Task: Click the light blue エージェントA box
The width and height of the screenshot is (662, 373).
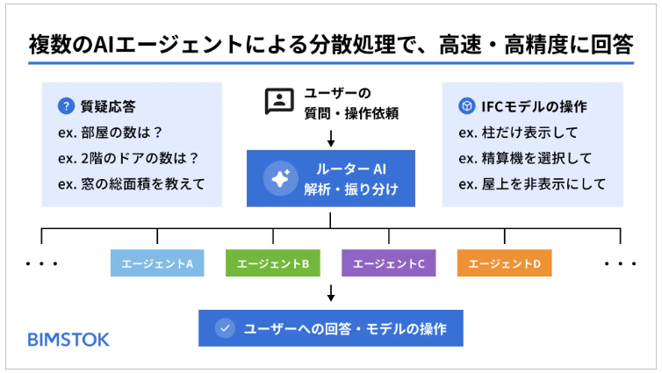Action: (x=157, y=263)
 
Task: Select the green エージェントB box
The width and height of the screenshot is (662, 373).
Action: (x=273, y=263)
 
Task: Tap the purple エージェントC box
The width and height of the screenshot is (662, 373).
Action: (x=388, y=263)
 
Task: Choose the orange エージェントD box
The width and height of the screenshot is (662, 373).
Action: (x=505, y=263)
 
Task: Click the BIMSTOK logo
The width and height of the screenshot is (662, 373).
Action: (x=68, y=340)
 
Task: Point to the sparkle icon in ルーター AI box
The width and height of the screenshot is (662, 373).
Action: (x=280, y=178)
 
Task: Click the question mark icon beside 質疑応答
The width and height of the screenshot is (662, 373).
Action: (x=66, y=106)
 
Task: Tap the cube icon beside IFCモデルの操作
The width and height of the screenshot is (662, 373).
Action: (x=466, y=106)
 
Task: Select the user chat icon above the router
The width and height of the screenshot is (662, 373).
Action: (x=279, y=101)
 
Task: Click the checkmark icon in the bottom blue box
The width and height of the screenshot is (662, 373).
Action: (x=225, y=328)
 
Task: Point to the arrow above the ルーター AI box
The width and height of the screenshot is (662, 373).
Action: (x=331, y=139)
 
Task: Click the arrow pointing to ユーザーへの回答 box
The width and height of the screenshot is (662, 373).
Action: (x=331, y=293)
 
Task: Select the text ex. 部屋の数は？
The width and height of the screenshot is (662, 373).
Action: (x=110, y=133)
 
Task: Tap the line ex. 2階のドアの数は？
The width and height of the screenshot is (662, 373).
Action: (x=128, y=158)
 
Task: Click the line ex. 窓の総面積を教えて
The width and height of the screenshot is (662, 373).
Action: (x=132, y=184)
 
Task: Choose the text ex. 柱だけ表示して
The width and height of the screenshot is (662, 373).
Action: (x=518, y=133)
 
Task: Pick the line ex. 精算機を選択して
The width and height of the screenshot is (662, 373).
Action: (x=525, y=158)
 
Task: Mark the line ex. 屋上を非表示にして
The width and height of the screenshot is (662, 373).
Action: (x=532, y=184)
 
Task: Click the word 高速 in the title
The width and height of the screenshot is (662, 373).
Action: (x=460, y=44)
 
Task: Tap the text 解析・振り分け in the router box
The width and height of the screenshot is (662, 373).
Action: (x=351, y=189)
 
